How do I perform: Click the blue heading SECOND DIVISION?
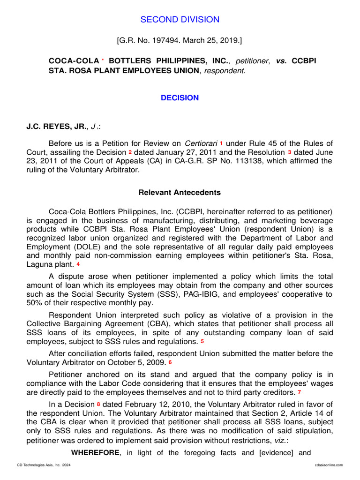click(180, 19)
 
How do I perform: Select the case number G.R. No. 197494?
click(150, 41)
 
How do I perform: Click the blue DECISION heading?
click(180, 97)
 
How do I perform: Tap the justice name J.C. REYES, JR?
click(56, 126)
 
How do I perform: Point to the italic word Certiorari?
click(201, 143)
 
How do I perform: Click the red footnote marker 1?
click(221, 142)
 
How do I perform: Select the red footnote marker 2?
click(130, 152)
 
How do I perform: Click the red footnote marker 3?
click(290, 152)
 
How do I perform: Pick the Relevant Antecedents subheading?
click(180, 192)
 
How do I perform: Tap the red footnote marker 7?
click(299, 391)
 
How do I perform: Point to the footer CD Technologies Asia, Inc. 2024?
click(37, 465)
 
